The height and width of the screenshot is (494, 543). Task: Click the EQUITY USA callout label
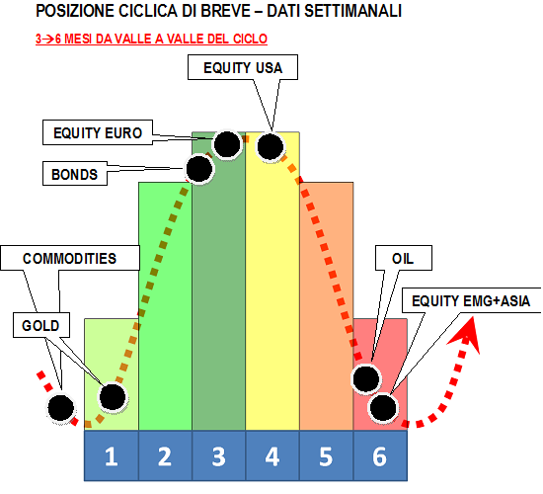(243, 67)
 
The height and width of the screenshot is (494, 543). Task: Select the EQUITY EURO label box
(98, 132)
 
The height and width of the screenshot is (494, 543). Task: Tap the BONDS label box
(75, 174)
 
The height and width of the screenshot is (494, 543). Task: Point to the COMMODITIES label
(70, 258)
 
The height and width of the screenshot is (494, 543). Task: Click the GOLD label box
(41, 325)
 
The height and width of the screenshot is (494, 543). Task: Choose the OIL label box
(404, 258)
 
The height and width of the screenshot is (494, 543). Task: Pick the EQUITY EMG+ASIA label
(471, 300)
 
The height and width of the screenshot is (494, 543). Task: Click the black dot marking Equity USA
(271, 146)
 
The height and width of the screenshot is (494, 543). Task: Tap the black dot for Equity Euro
(227, 144)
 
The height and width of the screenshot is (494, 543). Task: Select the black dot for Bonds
(199, 169)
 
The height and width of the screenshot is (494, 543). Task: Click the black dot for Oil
(366, 379)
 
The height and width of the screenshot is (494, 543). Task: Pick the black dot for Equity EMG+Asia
(383, 408)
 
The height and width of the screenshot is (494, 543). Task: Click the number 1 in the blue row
(112, 456)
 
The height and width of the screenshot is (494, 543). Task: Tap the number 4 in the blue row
(272, 456)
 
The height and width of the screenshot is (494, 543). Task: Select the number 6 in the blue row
(379, 456)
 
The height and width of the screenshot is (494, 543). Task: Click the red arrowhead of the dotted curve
(467, 334)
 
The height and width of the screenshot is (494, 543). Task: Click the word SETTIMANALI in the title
(352, 11)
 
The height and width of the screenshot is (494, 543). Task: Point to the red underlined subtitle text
(151, 39)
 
